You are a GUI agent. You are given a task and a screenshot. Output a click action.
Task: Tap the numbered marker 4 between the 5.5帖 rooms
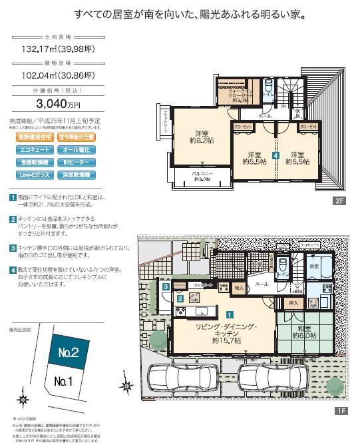pos(275,155)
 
